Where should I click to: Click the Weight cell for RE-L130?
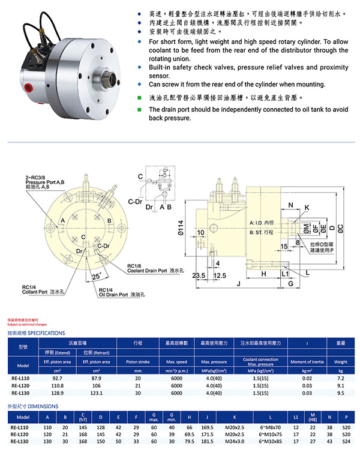point(340,393)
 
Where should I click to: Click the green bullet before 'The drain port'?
point(140,110)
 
